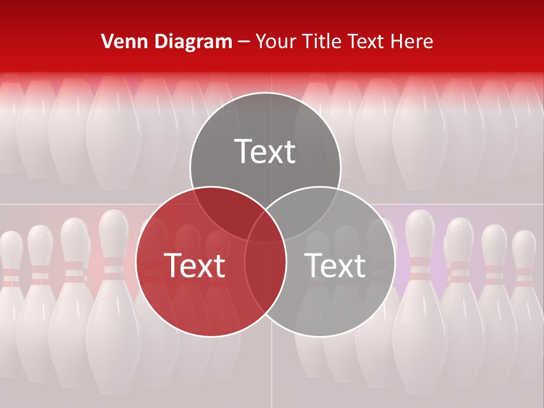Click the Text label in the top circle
pos(265,151)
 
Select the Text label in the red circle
pos(194,265)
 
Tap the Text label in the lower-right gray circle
pos(335,265)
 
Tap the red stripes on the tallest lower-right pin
pos(420,269)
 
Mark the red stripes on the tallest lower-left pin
pos(113,269)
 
